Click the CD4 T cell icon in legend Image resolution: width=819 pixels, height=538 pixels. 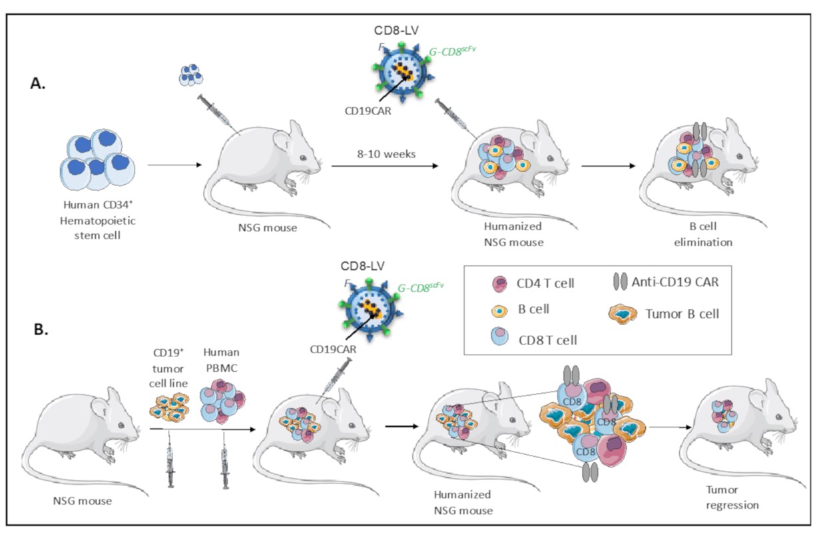click(x=495, y=282)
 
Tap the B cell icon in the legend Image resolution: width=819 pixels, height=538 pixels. click(x=495, y=311)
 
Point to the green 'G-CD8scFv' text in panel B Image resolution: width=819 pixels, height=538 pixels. click(x=420, y=287)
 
